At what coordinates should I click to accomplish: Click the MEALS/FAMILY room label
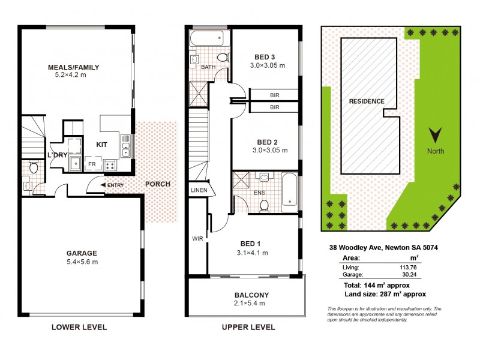tap(74, 67)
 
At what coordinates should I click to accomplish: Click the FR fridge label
tap(92, 163)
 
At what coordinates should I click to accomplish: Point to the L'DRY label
tap(57, 155)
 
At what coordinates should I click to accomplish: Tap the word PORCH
tap(158, 184)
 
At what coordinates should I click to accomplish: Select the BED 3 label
tap(267, 56)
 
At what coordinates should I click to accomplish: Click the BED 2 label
tap(267, 142)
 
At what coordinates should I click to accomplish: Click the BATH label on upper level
tap(208, 67)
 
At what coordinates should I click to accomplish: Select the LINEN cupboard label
tap(199, 190)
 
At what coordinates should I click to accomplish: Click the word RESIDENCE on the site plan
tap(367, 101)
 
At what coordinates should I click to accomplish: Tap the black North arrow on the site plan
tap(436, 133)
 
